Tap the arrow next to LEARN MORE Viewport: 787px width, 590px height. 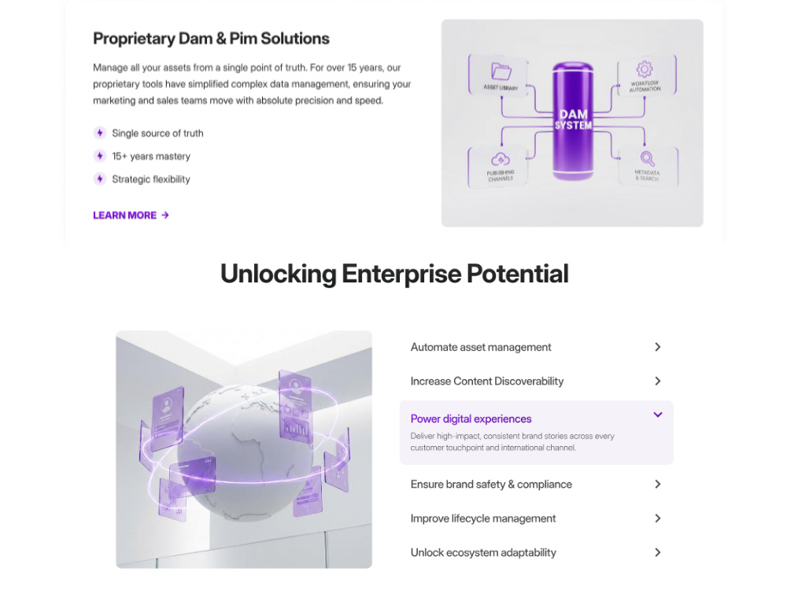tap(165, 216)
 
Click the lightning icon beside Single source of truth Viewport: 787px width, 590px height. tap(100, 133)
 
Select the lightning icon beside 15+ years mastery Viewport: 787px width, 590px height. tap(100, 156)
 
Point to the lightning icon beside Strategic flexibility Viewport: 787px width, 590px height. tap(100, 179)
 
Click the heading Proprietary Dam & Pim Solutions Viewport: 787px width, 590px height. tap(211, 39)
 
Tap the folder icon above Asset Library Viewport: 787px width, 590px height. tap(501, 72)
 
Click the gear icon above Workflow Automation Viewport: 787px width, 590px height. tap(645, 68)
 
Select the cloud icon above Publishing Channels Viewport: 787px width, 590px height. tap(501, 160)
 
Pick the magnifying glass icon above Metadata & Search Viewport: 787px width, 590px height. tap(648, 159)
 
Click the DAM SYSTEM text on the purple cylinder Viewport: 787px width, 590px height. tap(573, 120)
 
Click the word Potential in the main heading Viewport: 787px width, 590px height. tap(518, 274)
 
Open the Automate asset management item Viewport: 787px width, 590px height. tap(481, 347)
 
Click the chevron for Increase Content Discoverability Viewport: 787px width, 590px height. tap(657, 382)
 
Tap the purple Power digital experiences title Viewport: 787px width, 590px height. tap(471, 419)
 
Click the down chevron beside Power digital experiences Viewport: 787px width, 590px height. tap(657, 415)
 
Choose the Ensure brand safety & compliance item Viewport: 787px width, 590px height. tap(491, 484)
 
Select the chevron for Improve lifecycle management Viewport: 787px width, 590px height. tap(657, 518)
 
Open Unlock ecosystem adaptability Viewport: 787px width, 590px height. tap(483, 552)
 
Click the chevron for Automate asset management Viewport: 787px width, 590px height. tap(657, 347)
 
